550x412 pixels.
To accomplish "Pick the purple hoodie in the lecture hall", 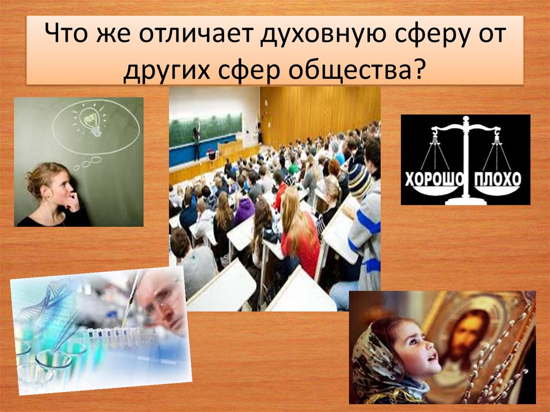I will point(244,209).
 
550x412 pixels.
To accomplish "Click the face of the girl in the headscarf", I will point(413,349).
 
